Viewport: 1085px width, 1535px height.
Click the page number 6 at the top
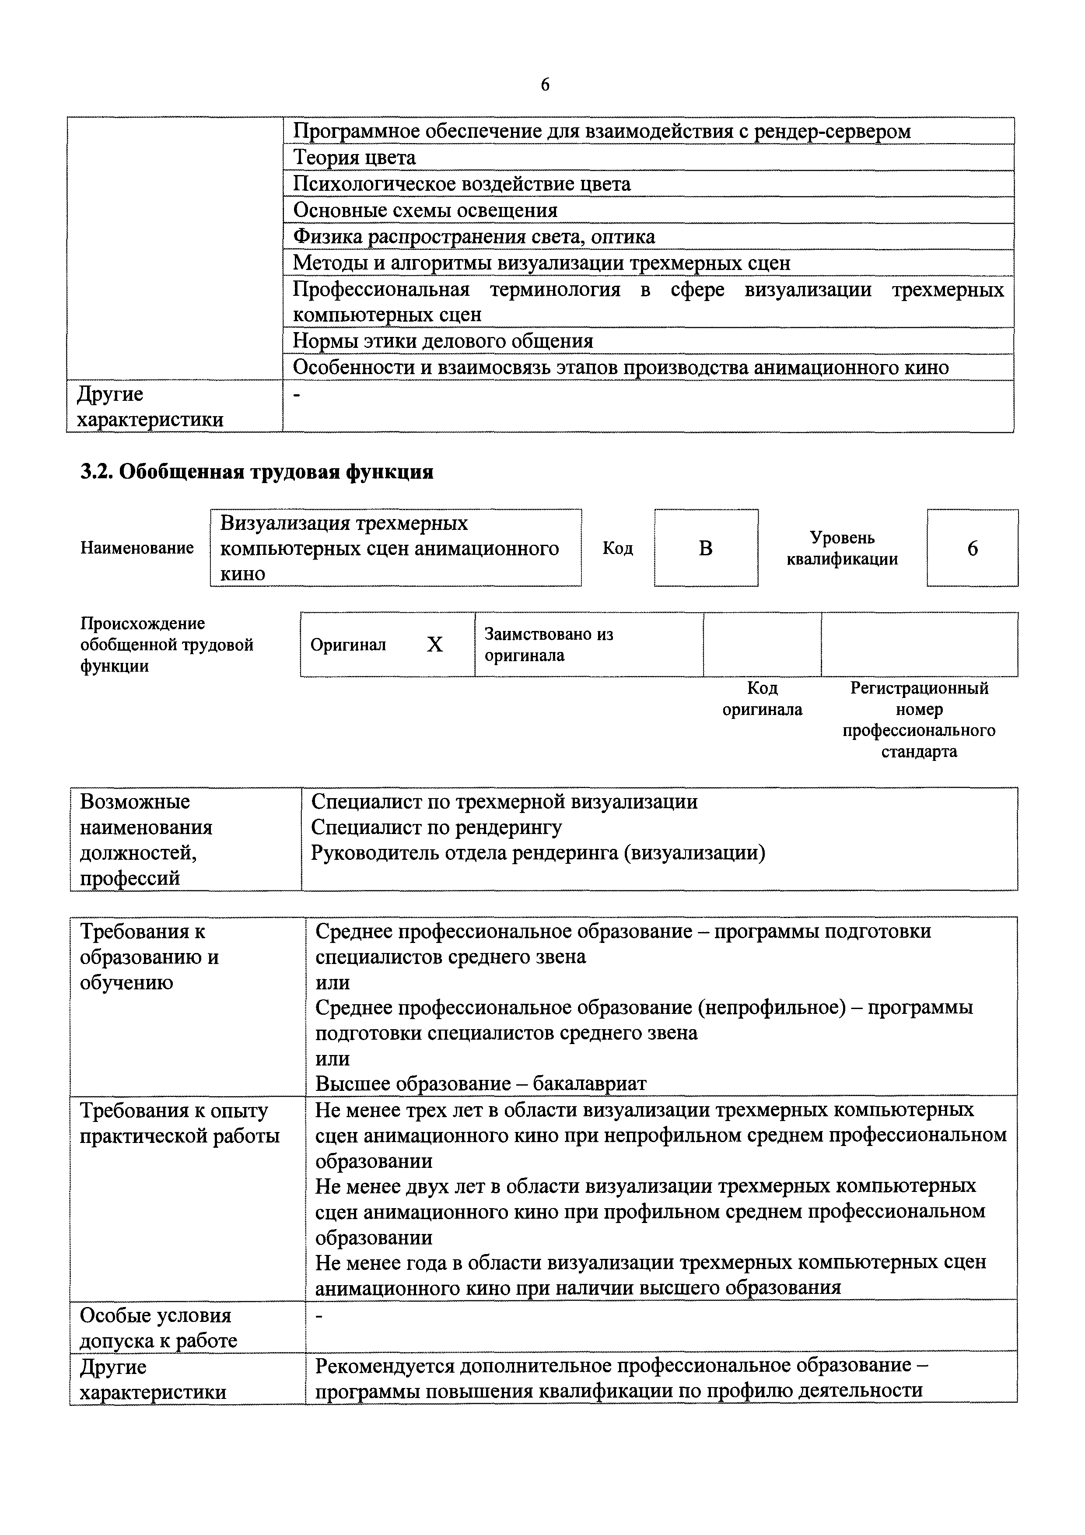(545, 85)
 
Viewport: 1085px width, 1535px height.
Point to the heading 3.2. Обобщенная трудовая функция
(257, 472)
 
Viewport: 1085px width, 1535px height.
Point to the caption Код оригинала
(762, 699)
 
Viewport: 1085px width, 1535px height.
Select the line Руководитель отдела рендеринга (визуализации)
(538, 853)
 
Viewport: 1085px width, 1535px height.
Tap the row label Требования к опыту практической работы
(179, 1123)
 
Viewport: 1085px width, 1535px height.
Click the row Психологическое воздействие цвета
(461, 184)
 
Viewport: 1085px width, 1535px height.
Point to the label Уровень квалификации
(842, 548)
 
